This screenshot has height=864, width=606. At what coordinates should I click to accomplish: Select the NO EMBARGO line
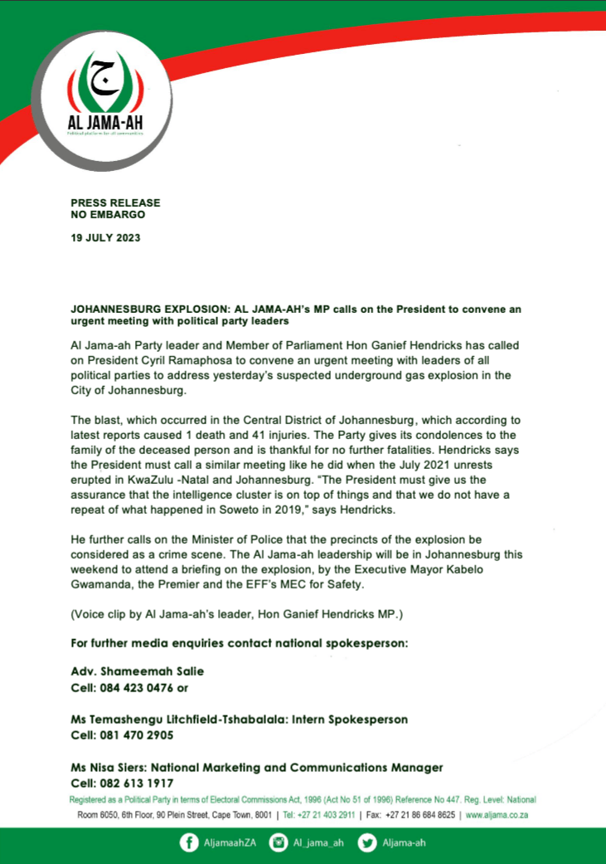click(x=108, y=214)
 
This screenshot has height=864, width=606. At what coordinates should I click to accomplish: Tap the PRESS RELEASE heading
click(x=115, y=203)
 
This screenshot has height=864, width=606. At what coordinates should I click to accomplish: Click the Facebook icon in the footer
click(x=190, y=843)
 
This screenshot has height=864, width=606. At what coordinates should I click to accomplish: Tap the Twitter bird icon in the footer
click(x=366, y=843)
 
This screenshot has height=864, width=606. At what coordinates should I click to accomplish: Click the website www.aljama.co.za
click(x=497, y=816)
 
